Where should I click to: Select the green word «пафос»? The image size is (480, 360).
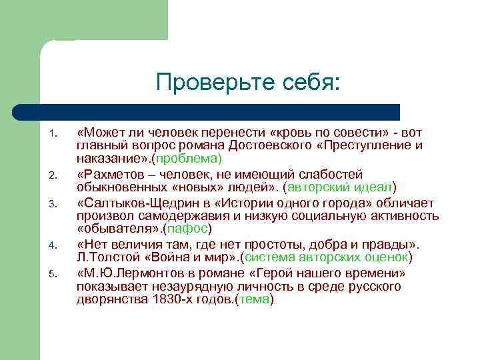[x=191, y=228]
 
